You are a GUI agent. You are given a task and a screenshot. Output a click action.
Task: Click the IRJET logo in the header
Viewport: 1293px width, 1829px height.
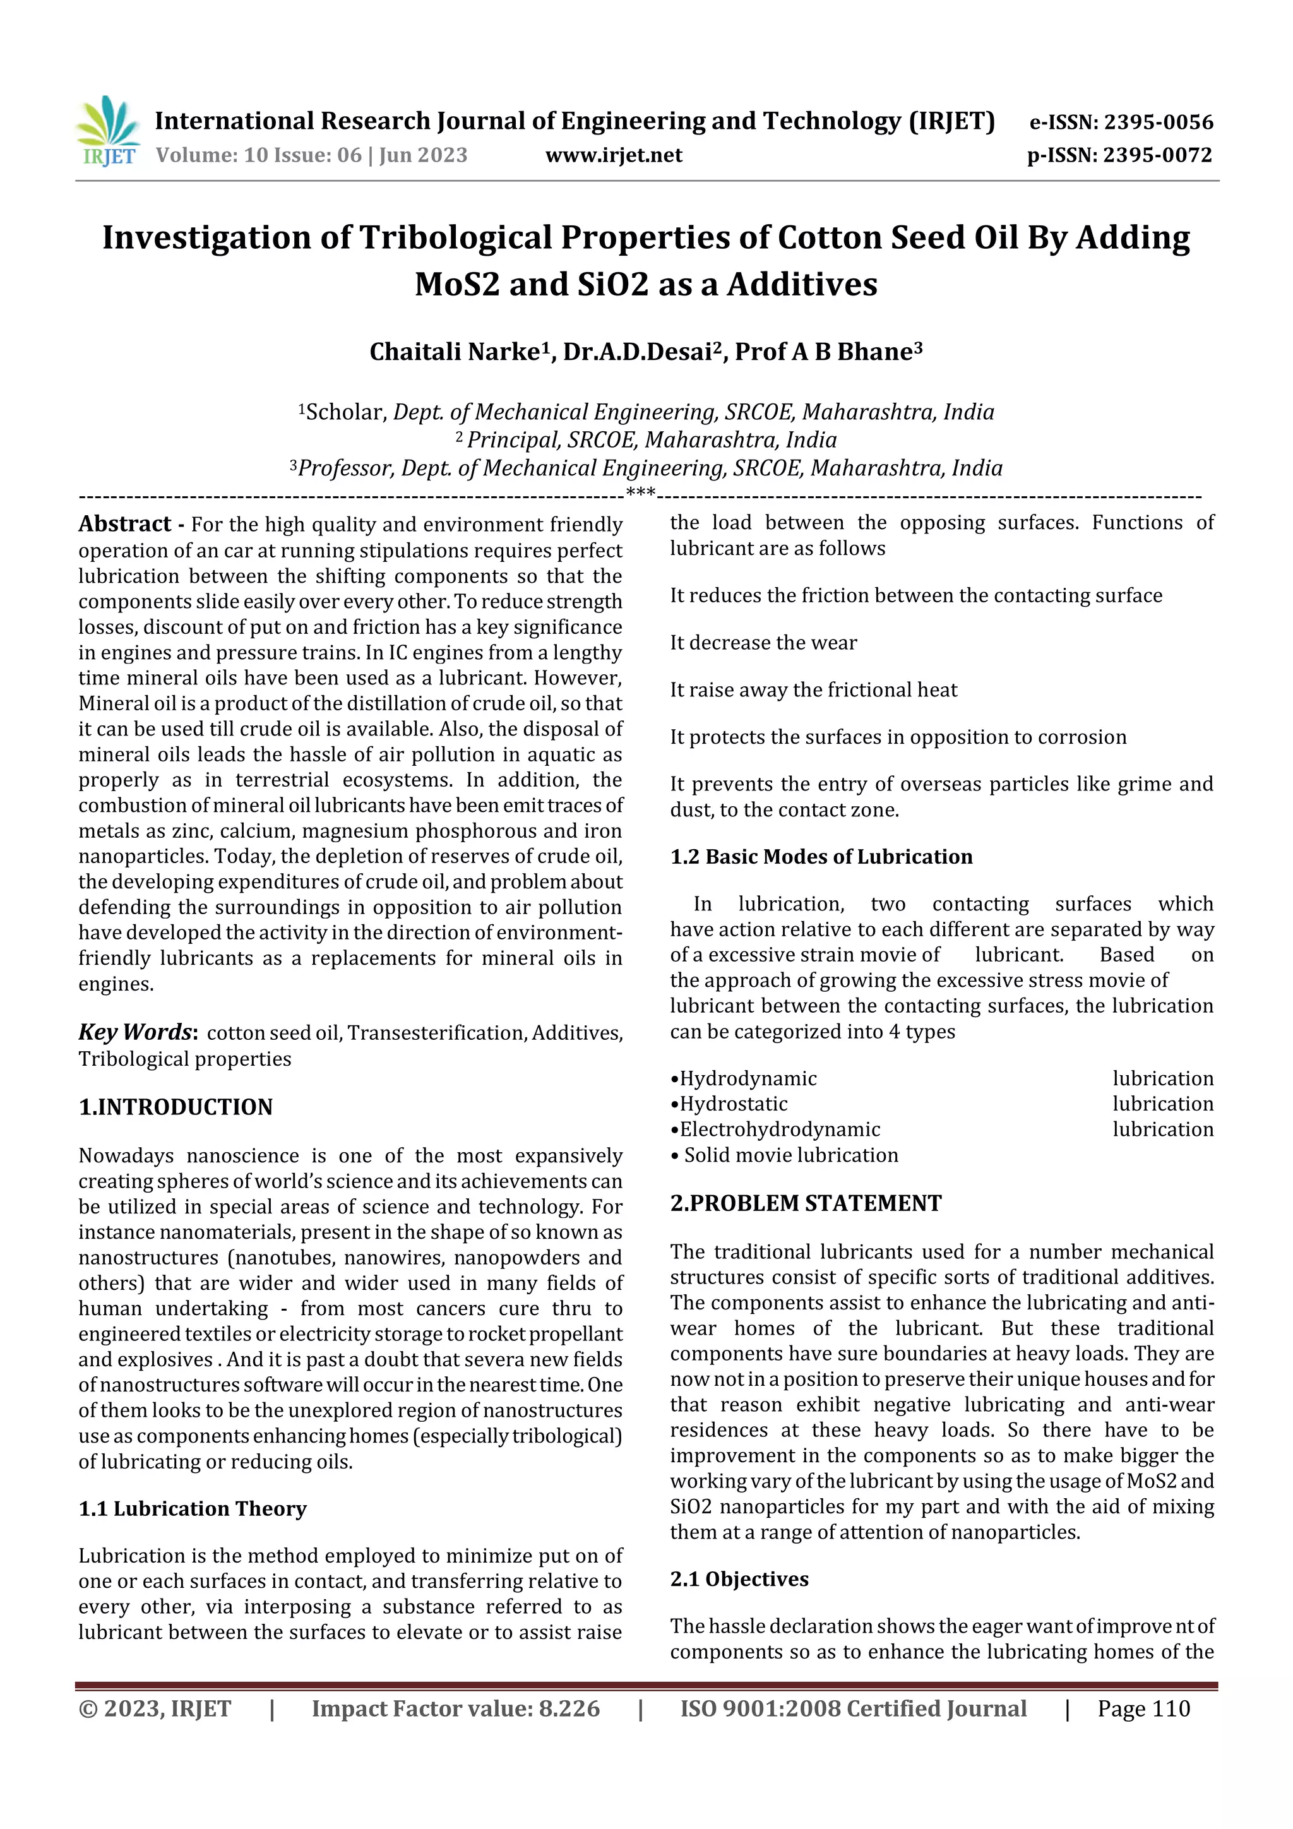(x=109, y=131)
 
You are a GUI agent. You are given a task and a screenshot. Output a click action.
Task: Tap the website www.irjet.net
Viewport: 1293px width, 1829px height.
(x=614, y=155)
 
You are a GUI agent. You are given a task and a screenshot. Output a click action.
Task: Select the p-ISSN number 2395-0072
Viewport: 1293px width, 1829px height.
(x=1157, y=155)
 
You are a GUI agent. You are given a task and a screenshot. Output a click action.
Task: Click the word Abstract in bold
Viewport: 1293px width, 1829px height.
(x=124, y=524)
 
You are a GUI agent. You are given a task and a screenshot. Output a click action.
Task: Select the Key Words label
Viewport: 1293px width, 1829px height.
(x=134, y=1032)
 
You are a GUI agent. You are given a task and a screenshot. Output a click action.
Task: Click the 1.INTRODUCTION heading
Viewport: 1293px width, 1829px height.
(x=176, y=1107)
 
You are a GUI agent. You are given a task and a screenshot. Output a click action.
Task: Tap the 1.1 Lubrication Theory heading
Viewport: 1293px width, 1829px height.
(x=192, y=1508)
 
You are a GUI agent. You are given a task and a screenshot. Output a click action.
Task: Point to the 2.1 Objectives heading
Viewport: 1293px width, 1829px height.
(x=739, y=1579)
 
